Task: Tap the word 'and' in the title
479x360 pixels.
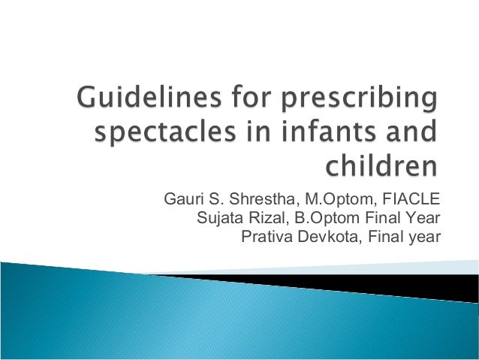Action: tap(411, 136)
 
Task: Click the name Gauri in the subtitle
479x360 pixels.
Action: tap(182, 200)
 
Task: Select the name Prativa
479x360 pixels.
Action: tap(264, 238)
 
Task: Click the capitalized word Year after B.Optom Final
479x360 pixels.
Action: tap(423, 219)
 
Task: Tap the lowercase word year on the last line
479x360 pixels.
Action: tap(423, 238)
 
